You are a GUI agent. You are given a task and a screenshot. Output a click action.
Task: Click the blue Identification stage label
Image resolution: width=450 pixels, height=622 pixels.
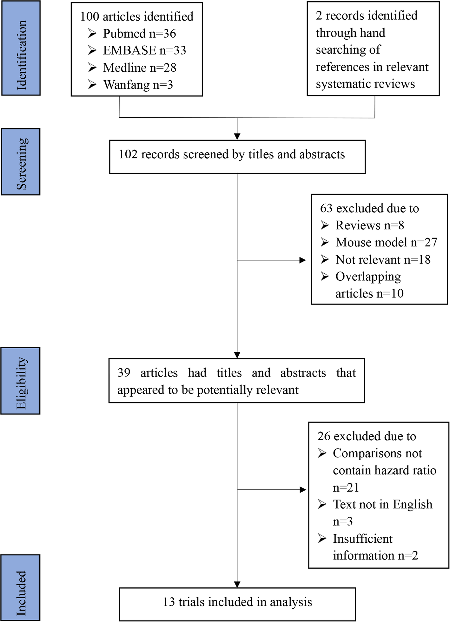coord(21,48)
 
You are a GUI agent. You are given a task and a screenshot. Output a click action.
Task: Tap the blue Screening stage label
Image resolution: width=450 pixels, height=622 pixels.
coord(21,162)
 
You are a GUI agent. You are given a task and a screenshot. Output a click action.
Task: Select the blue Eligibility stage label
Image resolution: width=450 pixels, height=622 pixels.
coord(21,381)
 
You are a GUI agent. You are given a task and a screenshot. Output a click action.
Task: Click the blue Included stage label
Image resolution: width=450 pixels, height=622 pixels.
coord(21,588)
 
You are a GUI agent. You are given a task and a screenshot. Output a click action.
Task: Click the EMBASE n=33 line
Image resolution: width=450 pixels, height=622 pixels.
coord(144,50)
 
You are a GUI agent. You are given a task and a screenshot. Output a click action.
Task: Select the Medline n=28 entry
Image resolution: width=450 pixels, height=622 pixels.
coord(139,68)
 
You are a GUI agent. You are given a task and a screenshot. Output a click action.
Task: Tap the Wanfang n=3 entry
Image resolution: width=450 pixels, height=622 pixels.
coord(138,85)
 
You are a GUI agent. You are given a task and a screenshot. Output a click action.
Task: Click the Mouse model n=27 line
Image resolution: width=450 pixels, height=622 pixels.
coord(386,242)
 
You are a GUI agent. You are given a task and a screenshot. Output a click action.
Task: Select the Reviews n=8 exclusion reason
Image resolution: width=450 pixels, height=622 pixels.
coord(369,225)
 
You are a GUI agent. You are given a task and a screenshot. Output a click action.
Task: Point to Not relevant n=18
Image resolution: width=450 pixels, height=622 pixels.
coord(383,259)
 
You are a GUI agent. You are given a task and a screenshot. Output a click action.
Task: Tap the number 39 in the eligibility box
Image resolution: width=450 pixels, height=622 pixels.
coord(124,372)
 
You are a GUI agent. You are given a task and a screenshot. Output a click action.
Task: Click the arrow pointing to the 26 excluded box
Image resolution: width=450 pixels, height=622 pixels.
coord(302,490)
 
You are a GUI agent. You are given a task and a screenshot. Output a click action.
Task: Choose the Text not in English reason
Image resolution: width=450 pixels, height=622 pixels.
coord(382,504)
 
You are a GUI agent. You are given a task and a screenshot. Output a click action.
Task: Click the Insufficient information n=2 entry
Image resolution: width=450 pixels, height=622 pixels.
coord(375,547)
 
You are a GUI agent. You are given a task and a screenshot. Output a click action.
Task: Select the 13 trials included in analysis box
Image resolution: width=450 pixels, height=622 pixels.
coord(237,602)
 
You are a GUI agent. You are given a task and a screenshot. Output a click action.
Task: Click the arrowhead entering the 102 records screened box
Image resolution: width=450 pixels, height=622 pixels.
coord(237,136)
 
